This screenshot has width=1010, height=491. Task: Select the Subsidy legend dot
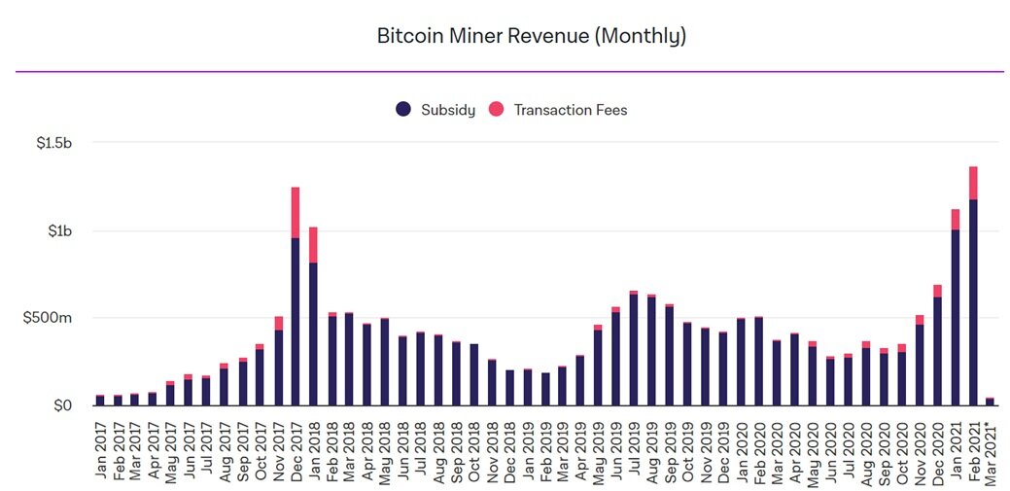[x=403, y=110]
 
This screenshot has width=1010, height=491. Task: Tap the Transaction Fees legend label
[x=571, y=110]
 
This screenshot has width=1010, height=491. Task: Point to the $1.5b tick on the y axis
[x=53, y=143]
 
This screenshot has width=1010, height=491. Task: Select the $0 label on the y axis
[x=64, y=404]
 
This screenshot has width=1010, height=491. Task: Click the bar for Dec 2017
[x=296, y=321]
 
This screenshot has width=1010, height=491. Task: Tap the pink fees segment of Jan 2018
[x=313, y=245]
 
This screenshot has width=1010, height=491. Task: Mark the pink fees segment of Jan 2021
[x=956, y=219]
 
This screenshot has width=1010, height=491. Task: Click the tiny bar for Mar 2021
[x=991, y=401]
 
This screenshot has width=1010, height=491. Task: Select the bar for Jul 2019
[x=634, y=349]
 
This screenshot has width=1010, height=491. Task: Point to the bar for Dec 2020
[x=938, y=350]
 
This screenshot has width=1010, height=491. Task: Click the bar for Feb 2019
[x=545, y=389]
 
